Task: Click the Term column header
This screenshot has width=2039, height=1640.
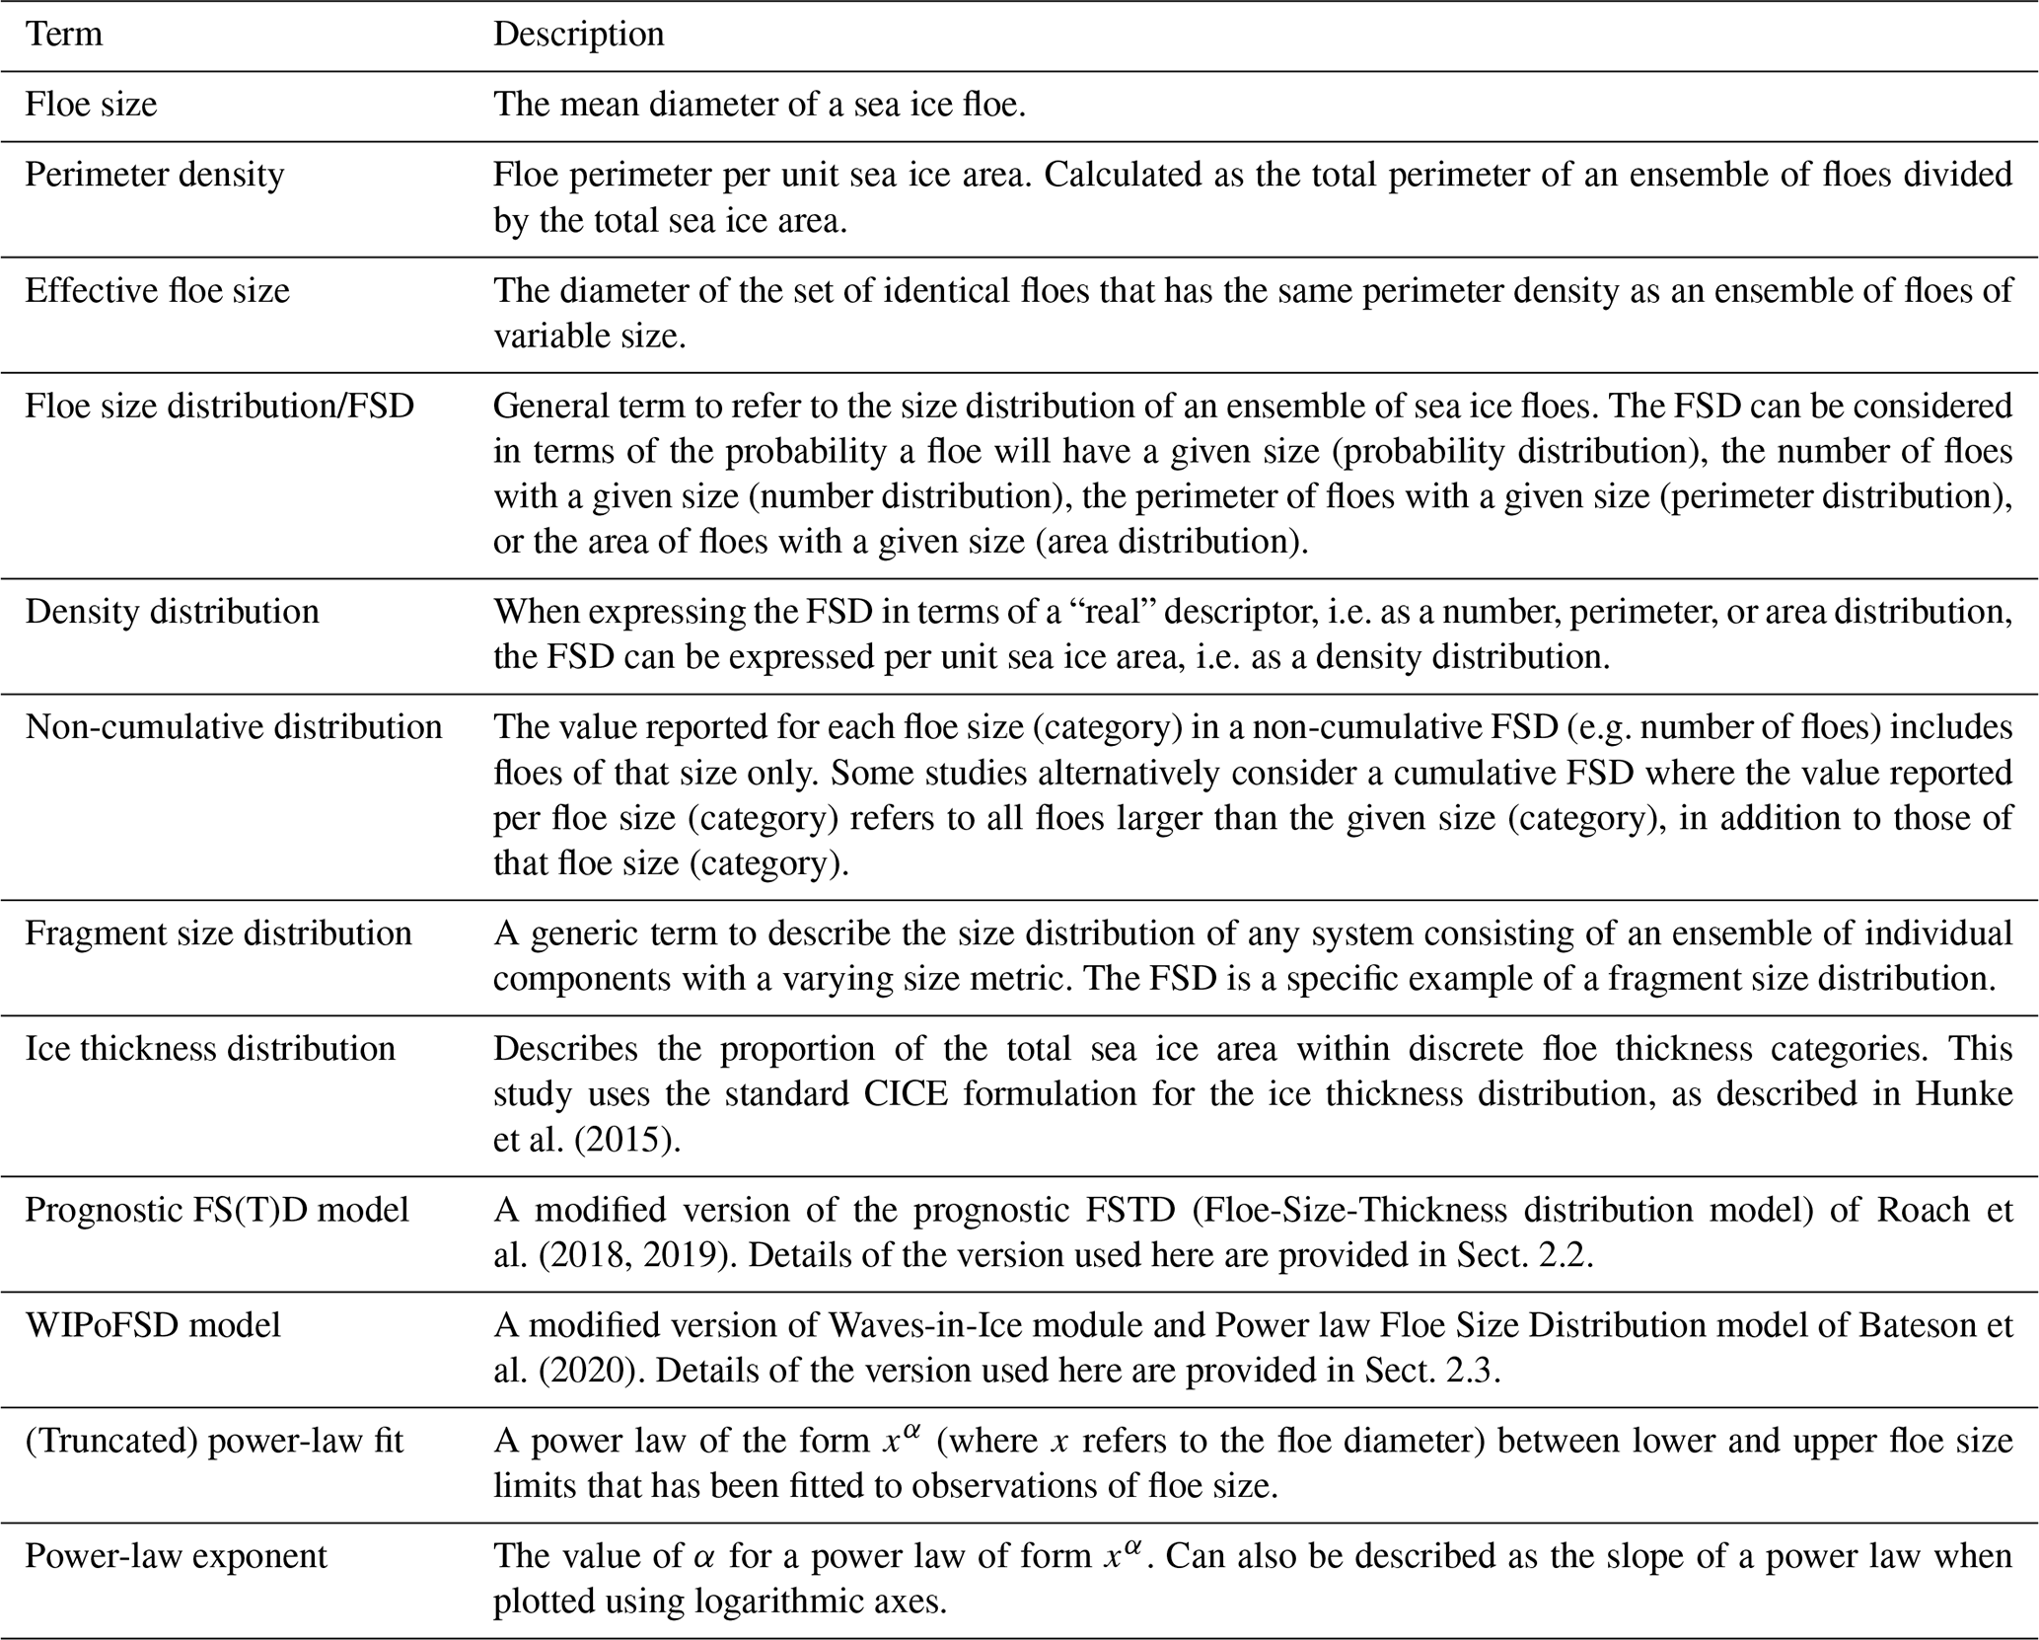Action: coord(63,35)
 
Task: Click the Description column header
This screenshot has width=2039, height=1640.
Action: coord(578,35)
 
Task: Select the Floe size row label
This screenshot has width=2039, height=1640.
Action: coord(91,105)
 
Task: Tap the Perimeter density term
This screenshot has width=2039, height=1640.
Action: coord(154,175)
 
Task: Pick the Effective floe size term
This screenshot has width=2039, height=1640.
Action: coord(157,291)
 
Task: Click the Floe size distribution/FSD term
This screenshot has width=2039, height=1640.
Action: coord(219,406)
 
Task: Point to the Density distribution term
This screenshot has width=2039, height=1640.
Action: coord(172,612)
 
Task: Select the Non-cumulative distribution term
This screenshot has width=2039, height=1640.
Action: coord(233,727)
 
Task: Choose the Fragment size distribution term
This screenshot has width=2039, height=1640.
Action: coord(218,933)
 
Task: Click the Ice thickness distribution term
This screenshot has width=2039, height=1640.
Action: coord(209,1048)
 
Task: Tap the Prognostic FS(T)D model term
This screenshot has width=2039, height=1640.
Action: coord(216,1210)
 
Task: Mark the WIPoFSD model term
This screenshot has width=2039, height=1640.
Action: coord(153,1324)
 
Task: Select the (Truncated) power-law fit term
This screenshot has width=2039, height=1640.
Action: coord(214,1442)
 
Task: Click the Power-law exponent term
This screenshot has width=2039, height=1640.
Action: coord(176,1556)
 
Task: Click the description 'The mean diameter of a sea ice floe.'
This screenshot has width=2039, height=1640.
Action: coord(760,105)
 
